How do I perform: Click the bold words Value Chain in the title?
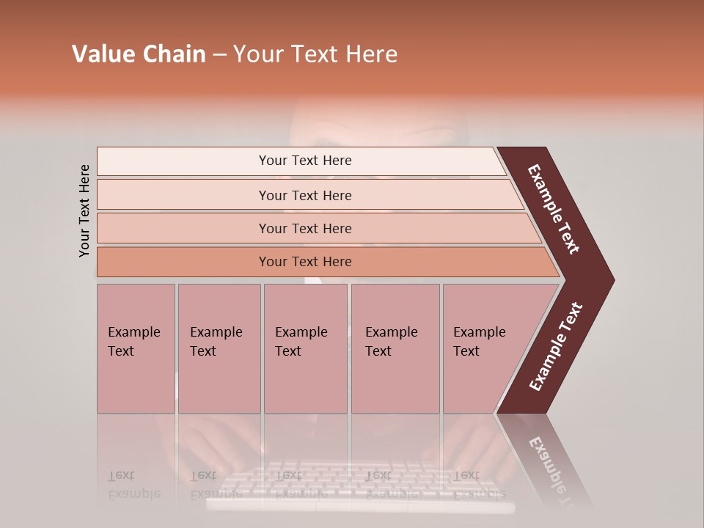pos(139,54)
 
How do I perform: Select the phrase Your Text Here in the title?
pos(315,54)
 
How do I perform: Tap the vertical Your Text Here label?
pos(84,210)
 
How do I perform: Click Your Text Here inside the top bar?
pos(305,161)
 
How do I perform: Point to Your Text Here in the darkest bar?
pos(305,262)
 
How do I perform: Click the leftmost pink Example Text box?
pos(136,348)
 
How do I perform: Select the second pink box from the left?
pos(219,348)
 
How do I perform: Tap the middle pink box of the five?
pos(305,348)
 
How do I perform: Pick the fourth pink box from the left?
pos(395,348)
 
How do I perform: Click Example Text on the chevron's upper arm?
pos(554,209)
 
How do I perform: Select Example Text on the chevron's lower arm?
pos(556,347)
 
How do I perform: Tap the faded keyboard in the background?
pos(359,484)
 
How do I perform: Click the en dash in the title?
pos(219,55)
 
